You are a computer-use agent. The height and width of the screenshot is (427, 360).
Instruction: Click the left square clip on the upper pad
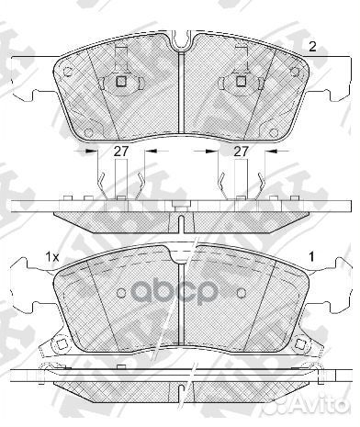click(x=121, y=81)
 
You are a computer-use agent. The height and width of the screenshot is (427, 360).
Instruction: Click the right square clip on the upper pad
click(x=241, y=81)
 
